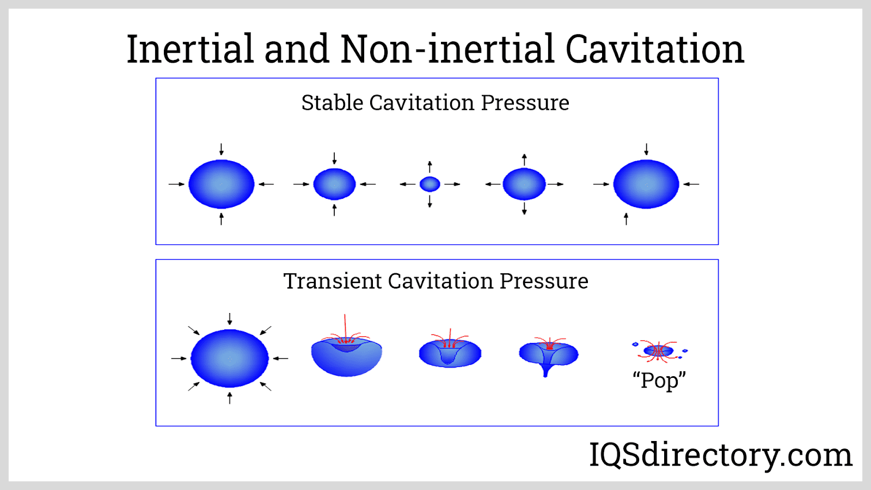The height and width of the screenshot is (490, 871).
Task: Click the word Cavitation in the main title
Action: click(655, 49)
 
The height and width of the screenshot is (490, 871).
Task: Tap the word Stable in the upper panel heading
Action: click(332, 103)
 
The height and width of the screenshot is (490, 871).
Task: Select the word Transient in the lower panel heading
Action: click(332, 281)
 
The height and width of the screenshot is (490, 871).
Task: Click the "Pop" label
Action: click(659, 381)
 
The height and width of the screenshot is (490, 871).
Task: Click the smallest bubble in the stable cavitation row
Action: click(430, 184)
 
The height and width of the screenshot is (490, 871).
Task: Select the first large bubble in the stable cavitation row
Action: click(221, 184)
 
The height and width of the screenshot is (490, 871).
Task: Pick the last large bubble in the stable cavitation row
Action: click(646, 184)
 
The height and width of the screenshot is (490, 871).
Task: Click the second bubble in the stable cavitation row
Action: click(334, 184)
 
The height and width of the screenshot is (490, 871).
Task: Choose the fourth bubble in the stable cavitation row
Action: click(524, 184)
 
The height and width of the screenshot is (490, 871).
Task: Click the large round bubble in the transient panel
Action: click(229, 358)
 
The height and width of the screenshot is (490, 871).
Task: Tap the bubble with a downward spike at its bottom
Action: click(549, 356)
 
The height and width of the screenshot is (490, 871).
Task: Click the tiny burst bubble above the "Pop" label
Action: click(658, 351)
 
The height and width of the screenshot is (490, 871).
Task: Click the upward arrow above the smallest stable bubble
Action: click(430, 167)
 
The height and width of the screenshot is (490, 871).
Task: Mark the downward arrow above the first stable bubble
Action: click(221, 149)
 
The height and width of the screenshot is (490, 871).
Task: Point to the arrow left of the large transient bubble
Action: click(179, 358)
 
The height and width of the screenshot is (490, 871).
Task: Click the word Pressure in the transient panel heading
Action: click(544, 281)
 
